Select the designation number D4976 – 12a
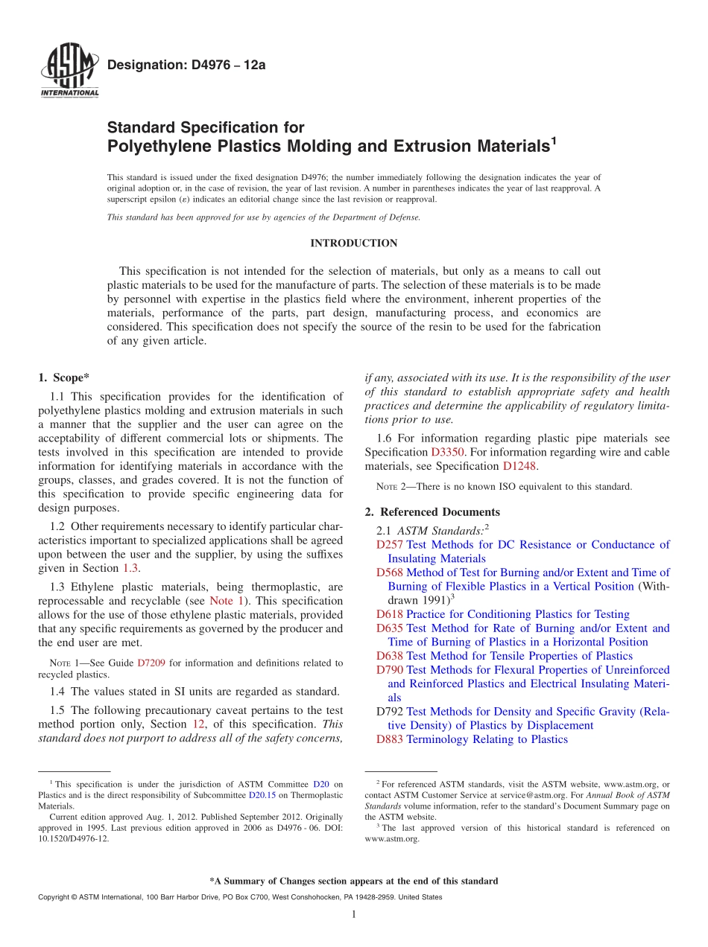[x=186, y=66]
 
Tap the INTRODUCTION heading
[x=353, y=243]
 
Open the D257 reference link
[x=390, y=545]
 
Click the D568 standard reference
[x=390, y=573]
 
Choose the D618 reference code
[x=390, y=614]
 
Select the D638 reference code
[x=390, y=656]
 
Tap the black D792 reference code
[x=390, y=712]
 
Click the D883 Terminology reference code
[x=390, y=739]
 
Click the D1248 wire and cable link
[x=519, y=466]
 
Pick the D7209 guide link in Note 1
[x=152, y=663]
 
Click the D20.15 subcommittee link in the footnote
[x=262, y=795]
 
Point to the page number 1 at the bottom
[x=353, y=915]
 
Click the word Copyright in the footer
[x=54, y=897]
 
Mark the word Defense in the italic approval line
[x=403, y=217]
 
